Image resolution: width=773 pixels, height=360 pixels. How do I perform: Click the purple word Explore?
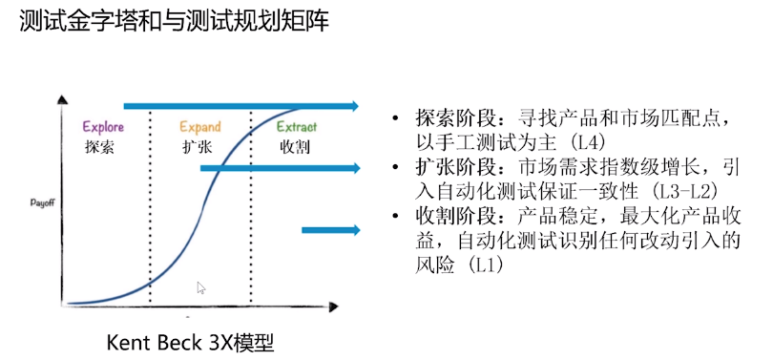103,127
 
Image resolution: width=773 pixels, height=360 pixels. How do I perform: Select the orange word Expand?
200,127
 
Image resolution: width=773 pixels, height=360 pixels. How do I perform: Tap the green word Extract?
297,127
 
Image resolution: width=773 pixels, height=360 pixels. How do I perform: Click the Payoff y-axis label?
43,202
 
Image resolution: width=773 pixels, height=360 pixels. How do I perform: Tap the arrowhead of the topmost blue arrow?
354,106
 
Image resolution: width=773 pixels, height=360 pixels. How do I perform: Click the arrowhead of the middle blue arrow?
354,168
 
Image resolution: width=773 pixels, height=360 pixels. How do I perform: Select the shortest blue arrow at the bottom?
330,229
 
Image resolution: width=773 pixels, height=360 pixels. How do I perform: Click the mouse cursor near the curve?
201,286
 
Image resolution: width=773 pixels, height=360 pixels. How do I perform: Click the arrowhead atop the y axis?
63,100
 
